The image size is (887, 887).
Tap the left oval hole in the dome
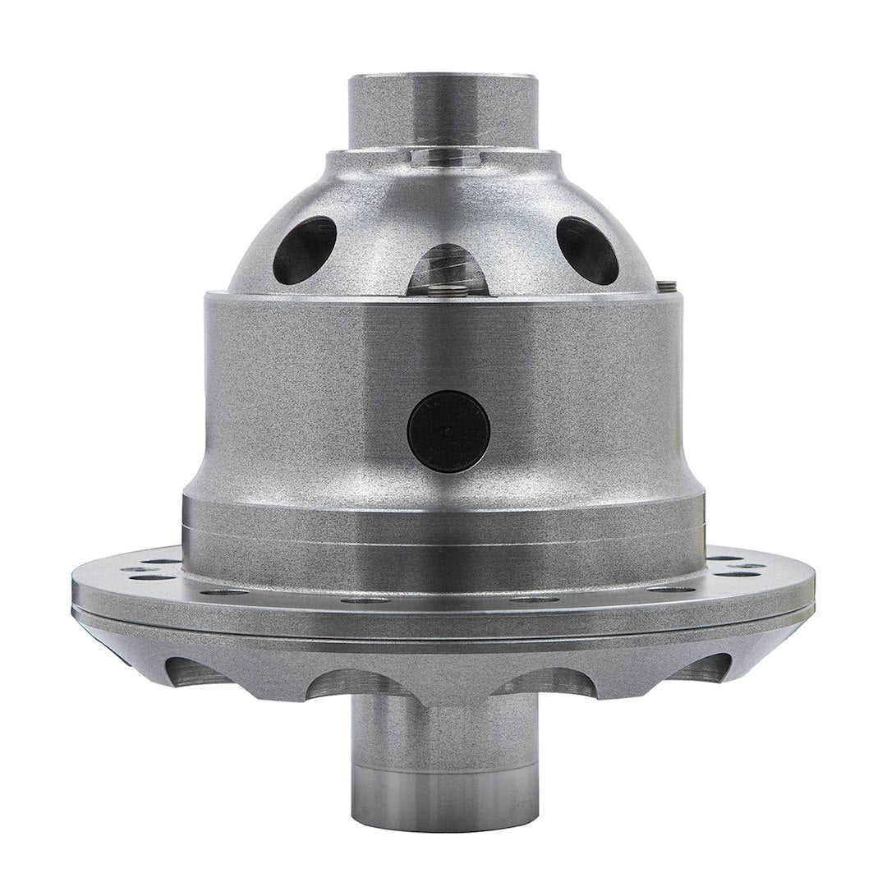pyautogui.click(x=304, y=250)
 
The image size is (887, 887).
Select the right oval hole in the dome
pyautogui.click(x=587, y=250)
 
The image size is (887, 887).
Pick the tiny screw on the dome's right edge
pyautogui.click(x=668, y=285)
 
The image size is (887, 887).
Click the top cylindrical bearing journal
pyautogui.click(x=444, y=110)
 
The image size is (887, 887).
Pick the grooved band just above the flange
pyautogui.click(x=443, y=538)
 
